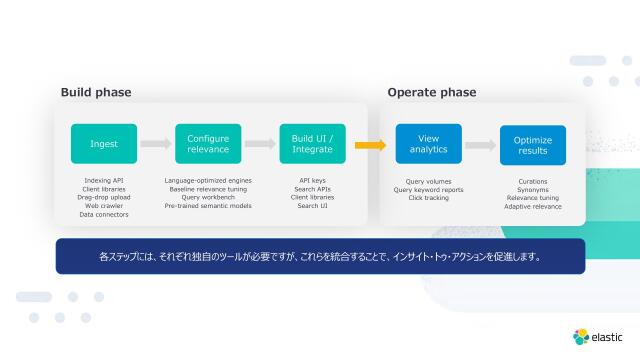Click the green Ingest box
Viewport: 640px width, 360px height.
click(x=104, y=144)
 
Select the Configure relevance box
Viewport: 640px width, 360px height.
click(x=208, y=144)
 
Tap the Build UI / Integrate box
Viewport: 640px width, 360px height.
click(x=312, y=144)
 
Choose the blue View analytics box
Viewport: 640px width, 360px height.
click(x=428, y=144)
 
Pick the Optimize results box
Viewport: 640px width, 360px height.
click(x=532, y=145)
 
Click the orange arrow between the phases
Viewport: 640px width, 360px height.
click(x=370, y=145)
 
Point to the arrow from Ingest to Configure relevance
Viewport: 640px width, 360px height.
click(x=156, y=144)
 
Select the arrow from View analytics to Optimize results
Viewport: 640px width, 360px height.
click(x=480, y=145)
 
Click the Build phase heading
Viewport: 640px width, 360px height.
click(x=96, y=93)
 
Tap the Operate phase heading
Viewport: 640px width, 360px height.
click(x=432, y=93)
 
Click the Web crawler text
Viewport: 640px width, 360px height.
click(x=104, y=206)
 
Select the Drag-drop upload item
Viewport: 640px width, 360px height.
click(x=104, y=198)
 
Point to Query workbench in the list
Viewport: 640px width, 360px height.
click(x=208, y=198)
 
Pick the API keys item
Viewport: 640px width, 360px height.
click(x=312, y=181)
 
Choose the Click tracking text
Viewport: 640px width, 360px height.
click(x=428, y=198)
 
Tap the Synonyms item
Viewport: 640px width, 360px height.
click(x=533, y=190)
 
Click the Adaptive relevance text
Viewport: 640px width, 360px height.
click(x=533, y=207)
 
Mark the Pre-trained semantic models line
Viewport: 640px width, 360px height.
click(x=208, y=206)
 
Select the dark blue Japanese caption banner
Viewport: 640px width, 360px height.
click(x=320, y=256)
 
